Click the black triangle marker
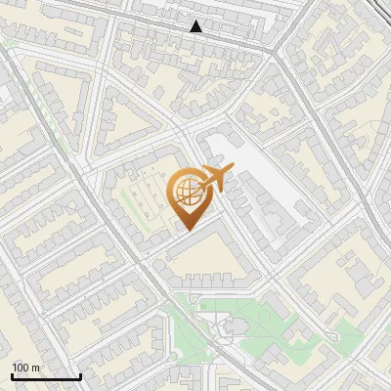[x=196, y=26]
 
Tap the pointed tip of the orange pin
[x=187, y=230]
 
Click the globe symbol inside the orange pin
[x=187, y=191]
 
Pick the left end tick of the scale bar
[x=12, y=376]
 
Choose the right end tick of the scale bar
[x=80, y=376]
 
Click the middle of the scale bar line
[x=46, y=377]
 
